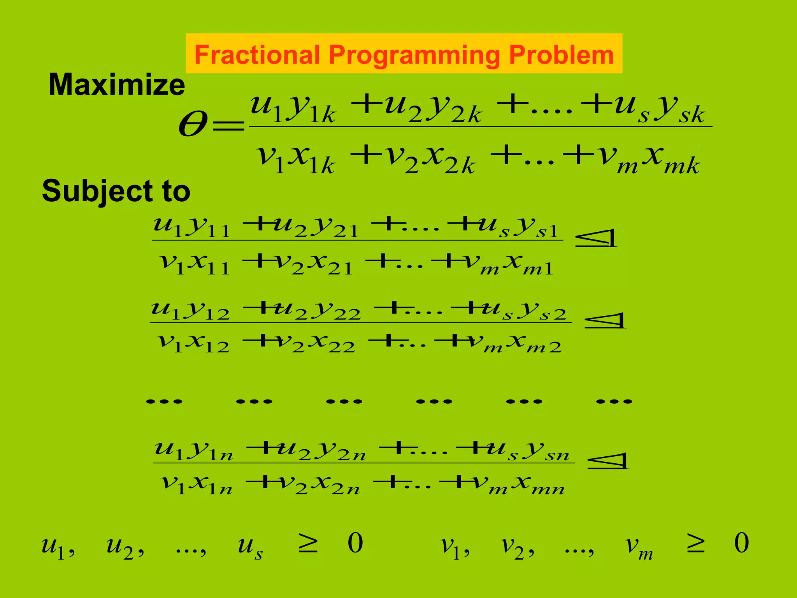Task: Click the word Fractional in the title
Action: pyautogui.click(x=257, y=55)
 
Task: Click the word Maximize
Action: pyautogui.click(x=117, y=85)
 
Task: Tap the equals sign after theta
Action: pyautogui.click(x=228, y=126)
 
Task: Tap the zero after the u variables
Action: pyautogui.click(x=355, y=543)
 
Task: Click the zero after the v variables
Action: pyautogui.click(x=741, y=543)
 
